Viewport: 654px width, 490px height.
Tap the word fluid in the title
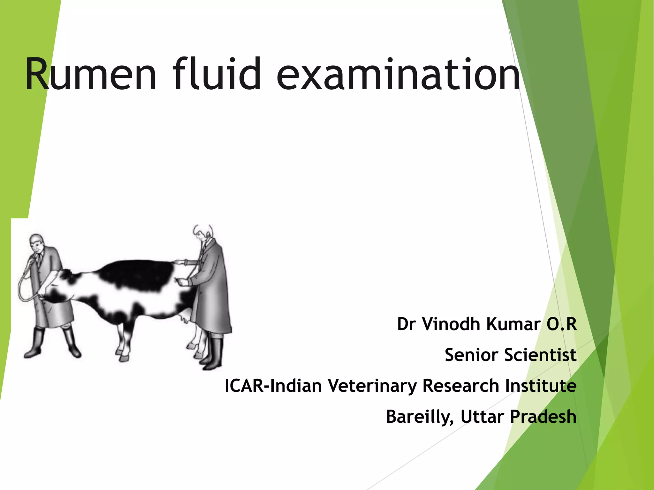point(217,74)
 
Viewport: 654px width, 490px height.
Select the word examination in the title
point(398,74)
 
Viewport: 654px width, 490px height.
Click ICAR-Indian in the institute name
point(273,386)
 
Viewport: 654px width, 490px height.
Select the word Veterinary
point(373,386)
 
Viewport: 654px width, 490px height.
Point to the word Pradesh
point(543,417)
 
